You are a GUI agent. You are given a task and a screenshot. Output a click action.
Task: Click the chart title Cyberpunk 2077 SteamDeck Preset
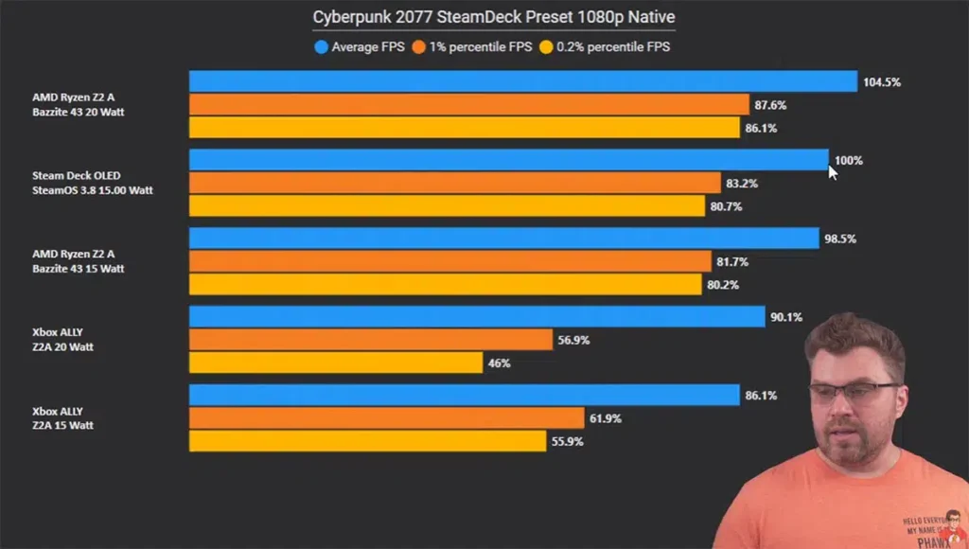[x=494, y=17]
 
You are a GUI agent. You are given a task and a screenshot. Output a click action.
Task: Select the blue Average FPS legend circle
[x=321, y=46]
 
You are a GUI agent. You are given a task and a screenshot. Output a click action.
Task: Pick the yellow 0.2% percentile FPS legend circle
[x=546, y=46]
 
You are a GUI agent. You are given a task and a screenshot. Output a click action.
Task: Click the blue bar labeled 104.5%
[x=522, y=82]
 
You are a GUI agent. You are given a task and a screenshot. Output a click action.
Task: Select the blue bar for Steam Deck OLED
[x=508, y=160]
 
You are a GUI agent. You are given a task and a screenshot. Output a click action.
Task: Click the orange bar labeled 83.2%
[x=454, y=183]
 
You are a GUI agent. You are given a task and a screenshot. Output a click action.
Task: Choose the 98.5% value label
[x=840, y=239]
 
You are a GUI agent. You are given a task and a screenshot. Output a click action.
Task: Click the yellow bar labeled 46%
[x=336, y=363]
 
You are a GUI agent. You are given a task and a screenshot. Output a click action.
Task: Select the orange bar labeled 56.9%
[x=370, y=340]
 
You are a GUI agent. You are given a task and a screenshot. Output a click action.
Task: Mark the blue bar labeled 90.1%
[x=476, y=317]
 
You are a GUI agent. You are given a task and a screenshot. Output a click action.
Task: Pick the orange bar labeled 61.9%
[x=386, y=417]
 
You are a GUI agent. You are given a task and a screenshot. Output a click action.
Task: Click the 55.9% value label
[x=568, y=440]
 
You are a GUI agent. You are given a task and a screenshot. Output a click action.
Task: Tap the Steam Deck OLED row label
[x=92, y=183]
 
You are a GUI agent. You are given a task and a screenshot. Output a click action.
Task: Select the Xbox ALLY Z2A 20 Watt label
[x=62, y=340]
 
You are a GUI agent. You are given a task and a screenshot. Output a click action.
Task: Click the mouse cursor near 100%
[x=833, y=171]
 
